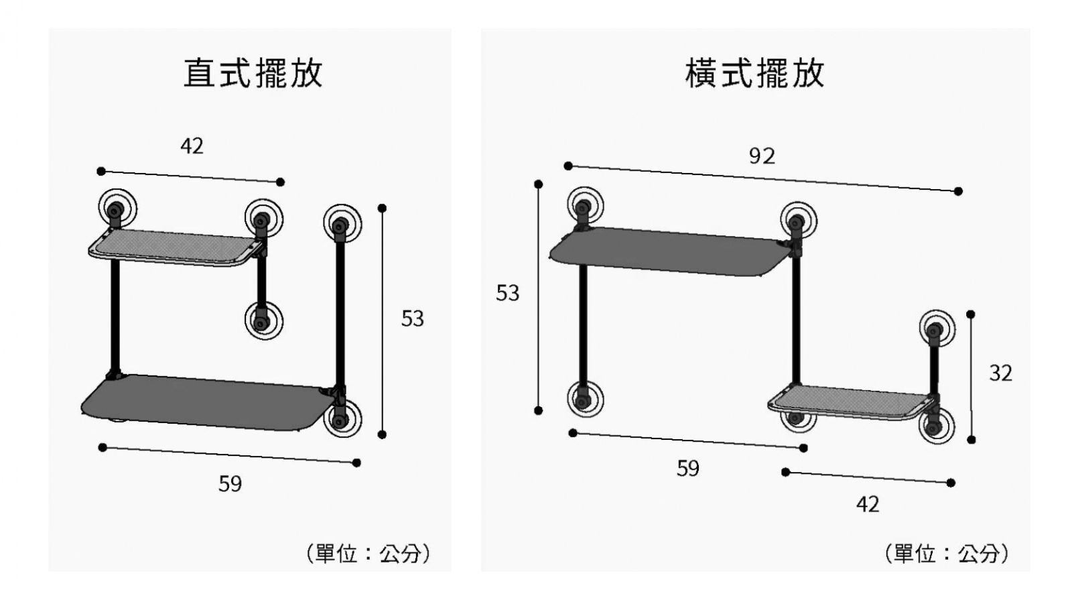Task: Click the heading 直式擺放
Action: (x=253, y=73)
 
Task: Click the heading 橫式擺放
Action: (x=754, y=73)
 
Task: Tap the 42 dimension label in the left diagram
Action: (x=192, y=146)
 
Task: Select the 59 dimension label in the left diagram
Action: (x=230, y=483)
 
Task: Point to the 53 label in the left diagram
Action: (x=413, y=319)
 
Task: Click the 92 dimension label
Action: (x=762, y=156)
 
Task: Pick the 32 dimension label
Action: (x=1001, y=373)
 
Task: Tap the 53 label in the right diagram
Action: (x=507, y=293)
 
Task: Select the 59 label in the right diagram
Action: (x=687, y=469)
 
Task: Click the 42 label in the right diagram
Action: (x=868, y=505)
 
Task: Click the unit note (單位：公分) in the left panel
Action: (x=368, y=554)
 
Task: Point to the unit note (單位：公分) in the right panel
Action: (x=947, y=554)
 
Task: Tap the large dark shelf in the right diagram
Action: (x=669, y=252)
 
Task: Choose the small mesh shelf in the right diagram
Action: (x=852, y=403)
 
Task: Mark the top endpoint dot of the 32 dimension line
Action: (x=971, y=314)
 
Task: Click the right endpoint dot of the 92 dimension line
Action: (x=958, y=191)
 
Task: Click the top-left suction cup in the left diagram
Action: (x=117, y=209)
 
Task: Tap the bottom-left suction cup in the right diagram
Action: (x=586, y=399)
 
